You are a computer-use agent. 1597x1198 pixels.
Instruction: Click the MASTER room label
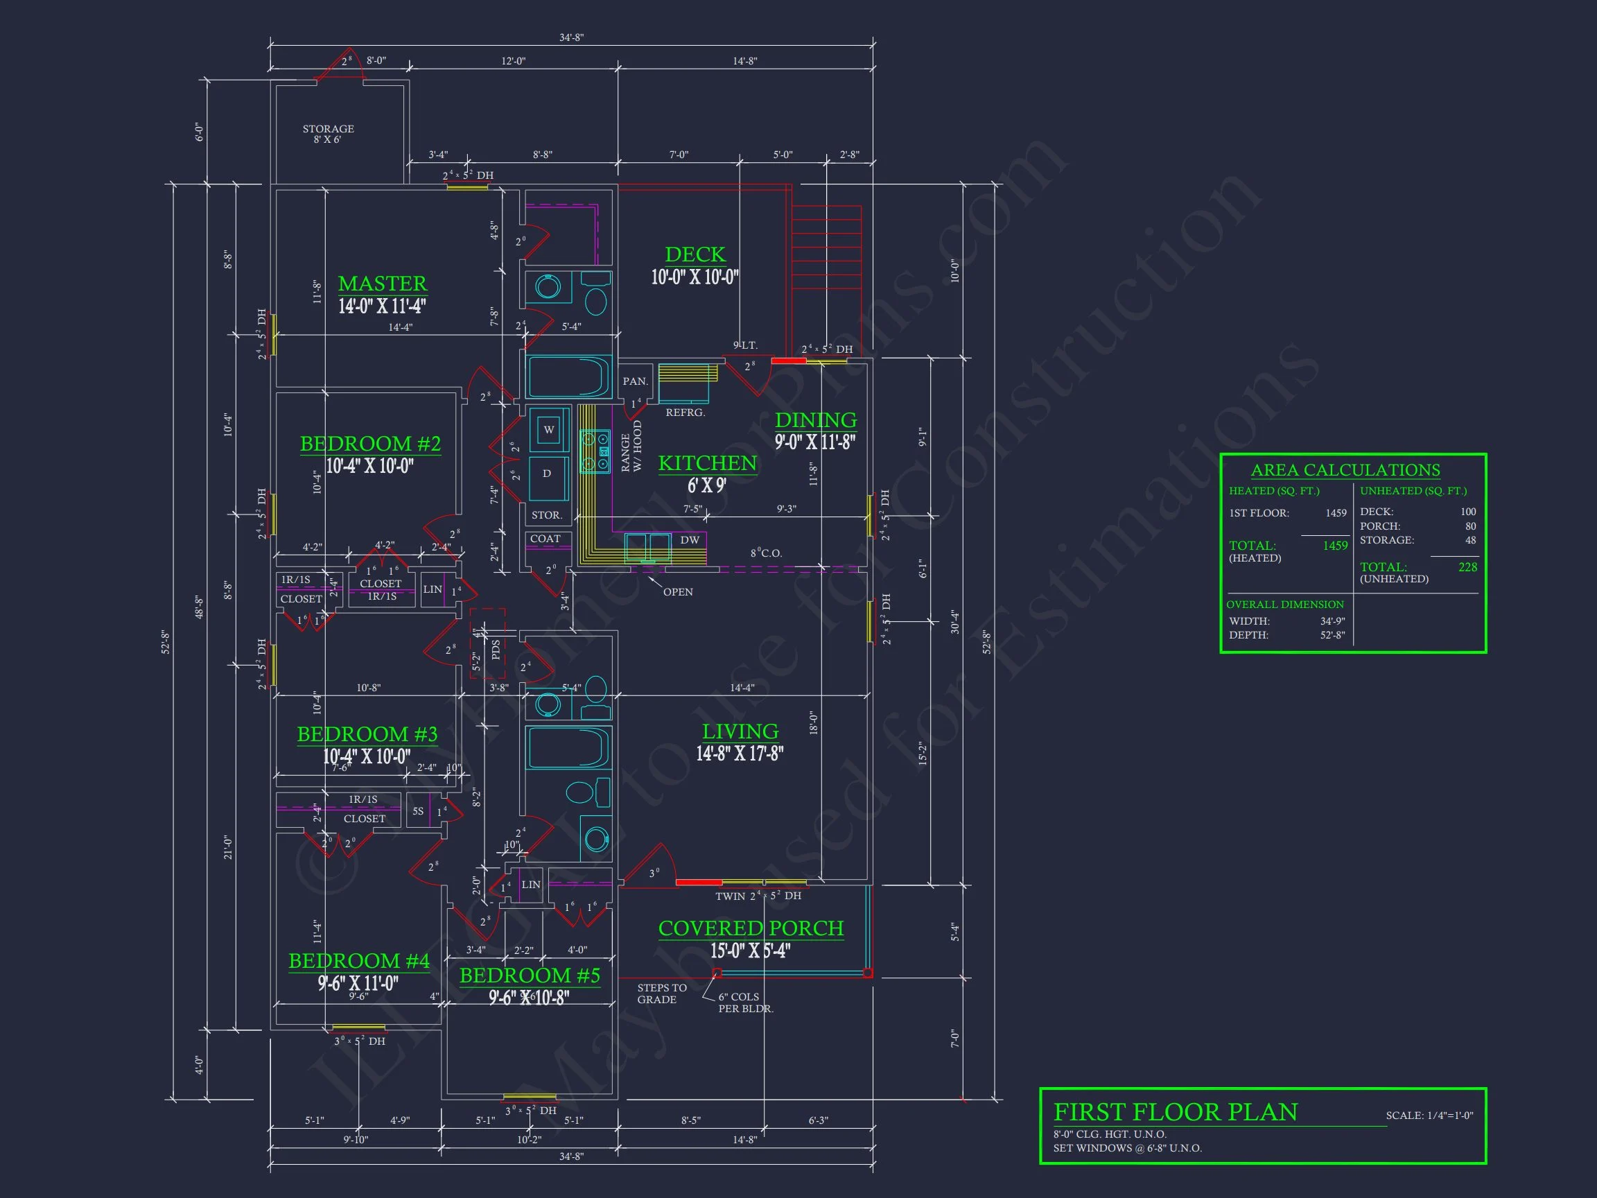point(383,283)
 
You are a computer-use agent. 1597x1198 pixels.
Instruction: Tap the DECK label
point(695,254)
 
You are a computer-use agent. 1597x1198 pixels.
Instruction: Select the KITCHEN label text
point(707,463)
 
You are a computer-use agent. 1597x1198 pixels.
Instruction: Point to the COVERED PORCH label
point(750,928)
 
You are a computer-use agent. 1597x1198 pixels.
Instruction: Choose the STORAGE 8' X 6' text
point(328,134)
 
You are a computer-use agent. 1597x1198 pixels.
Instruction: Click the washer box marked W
point(549,430)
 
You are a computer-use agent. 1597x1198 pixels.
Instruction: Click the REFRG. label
point(685,413)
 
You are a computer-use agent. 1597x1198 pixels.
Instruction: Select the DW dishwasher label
point(690,539)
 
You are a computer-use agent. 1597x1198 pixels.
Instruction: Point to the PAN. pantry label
point(636,381)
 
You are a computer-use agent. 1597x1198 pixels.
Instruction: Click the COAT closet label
point(545,539)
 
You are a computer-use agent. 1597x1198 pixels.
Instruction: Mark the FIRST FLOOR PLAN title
point(1175,1111)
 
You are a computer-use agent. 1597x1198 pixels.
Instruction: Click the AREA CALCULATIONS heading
point(1345,470)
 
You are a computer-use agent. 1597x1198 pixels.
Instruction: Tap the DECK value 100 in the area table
point(1468,511)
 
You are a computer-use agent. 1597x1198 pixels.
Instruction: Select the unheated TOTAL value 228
point(1467,567)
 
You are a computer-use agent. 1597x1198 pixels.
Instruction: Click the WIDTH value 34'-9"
point(1332,621)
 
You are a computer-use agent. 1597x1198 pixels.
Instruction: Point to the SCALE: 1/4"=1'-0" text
point(1429,1115)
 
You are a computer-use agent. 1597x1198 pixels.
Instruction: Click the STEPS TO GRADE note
point(661,993)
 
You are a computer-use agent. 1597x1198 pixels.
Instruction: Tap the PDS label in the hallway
point(496,650)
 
